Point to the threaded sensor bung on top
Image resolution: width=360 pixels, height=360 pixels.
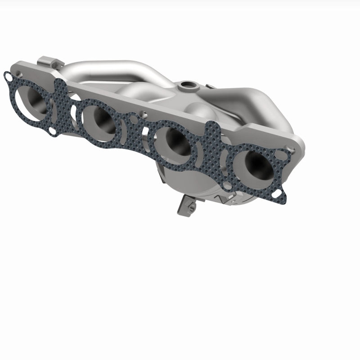[185, 85]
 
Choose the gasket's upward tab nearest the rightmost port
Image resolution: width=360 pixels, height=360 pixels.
[211, 128]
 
